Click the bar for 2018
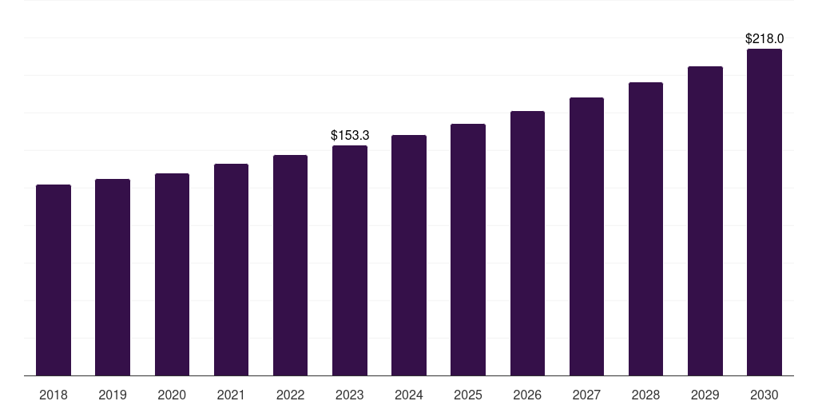pyautogui.click(x=54, y=280)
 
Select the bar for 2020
pyautogui.click(x=172, y=275)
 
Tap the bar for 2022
pyautogui.click(x=290, y=265)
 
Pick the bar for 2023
pyautogui.click(x=350, y=260)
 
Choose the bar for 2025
pyautogui.click(x=468, y=249)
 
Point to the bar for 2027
pyautogui.click(x=586, y=236)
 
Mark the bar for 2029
pyautogui.click(x=705, y=220)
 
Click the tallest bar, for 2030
pyautogui.click(x=764, y=212)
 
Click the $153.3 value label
pyautogui.click(x=350, y=135)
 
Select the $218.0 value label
pyautogui.click(x=764, y=38)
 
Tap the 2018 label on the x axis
pyautogui.click(x=54, y=395)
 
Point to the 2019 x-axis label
pyautogui.click(x=113, y=395)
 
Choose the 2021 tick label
pyautogui.click(x=231, y=395)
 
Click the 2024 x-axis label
pyautogui.click(x=409, y=395)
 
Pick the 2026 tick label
pyautogui.click(x=527, y=395)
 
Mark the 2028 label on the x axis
pyautogui.click(x=645, y=395)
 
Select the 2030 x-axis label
pyautogui.click(x=764, y=395)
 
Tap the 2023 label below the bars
pyautogui.click(x=350, y=395)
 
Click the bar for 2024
pyautogui.click(x=409, y=255)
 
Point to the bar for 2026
pyautogui.click(x=527, y=243)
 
